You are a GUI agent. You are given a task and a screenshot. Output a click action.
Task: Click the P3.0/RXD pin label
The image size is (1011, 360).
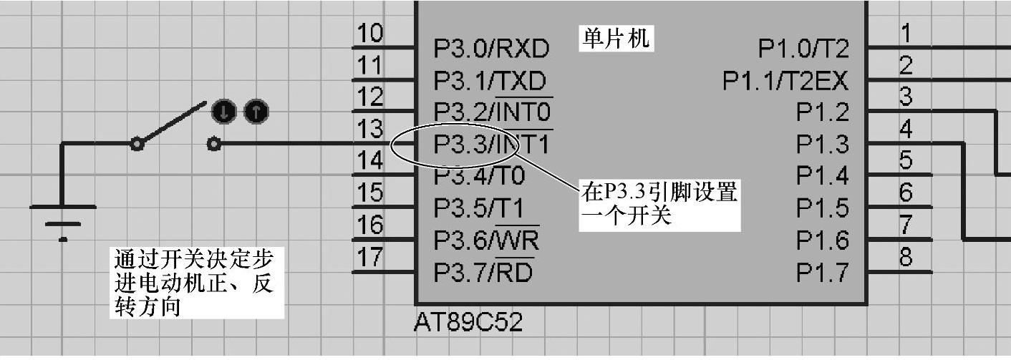491,49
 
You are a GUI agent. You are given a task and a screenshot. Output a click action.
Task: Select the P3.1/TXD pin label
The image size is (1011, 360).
490,80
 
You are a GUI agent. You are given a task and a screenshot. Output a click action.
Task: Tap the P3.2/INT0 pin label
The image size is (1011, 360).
493,112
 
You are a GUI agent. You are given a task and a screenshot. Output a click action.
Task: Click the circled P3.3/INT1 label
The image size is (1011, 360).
491,145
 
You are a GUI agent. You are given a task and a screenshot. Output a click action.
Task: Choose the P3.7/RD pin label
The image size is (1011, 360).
484,273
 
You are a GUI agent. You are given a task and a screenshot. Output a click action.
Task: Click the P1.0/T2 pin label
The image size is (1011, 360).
803,49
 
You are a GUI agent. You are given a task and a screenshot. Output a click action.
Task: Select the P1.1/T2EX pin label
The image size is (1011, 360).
785,80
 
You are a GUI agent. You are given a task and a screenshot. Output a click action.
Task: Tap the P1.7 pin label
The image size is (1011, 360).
822,273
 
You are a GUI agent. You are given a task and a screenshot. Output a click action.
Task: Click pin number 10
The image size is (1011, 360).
369,34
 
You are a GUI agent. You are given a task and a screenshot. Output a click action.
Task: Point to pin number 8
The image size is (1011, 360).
906,257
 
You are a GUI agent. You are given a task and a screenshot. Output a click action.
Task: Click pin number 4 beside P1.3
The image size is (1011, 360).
906,130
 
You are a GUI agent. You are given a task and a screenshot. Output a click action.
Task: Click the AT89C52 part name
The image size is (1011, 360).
468,323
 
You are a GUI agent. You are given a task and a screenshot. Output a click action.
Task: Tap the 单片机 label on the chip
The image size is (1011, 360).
614,38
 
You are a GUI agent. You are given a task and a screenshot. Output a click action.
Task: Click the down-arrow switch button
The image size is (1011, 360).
223,112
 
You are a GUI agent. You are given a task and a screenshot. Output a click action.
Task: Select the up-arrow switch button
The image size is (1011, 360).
256,112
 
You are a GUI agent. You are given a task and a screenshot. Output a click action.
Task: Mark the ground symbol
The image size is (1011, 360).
62,218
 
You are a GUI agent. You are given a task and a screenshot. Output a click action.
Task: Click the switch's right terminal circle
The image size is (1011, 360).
213,145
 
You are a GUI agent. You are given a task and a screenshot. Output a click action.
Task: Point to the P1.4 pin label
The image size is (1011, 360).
822,176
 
